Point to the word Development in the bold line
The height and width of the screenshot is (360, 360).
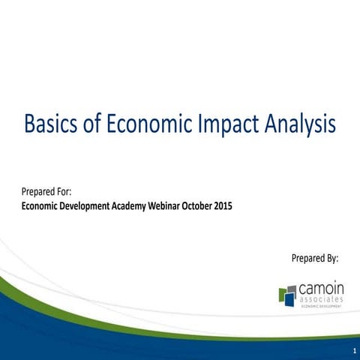pyautogui.click(x=87, y=207)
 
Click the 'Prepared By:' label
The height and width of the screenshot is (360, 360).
pyautogui.click(x=314, y=258)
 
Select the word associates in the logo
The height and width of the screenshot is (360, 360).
pyautogui.click(x=322, y=299)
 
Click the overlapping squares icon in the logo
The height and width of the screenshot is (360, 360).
pyautogui.click(x=286, y=293)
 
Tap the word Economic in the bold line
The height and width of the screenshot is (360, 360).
pyautogui.click(x=41, y=206)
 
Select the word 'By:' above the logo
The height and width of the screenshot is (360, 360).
pyautogui.click(x=331, y=258)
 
